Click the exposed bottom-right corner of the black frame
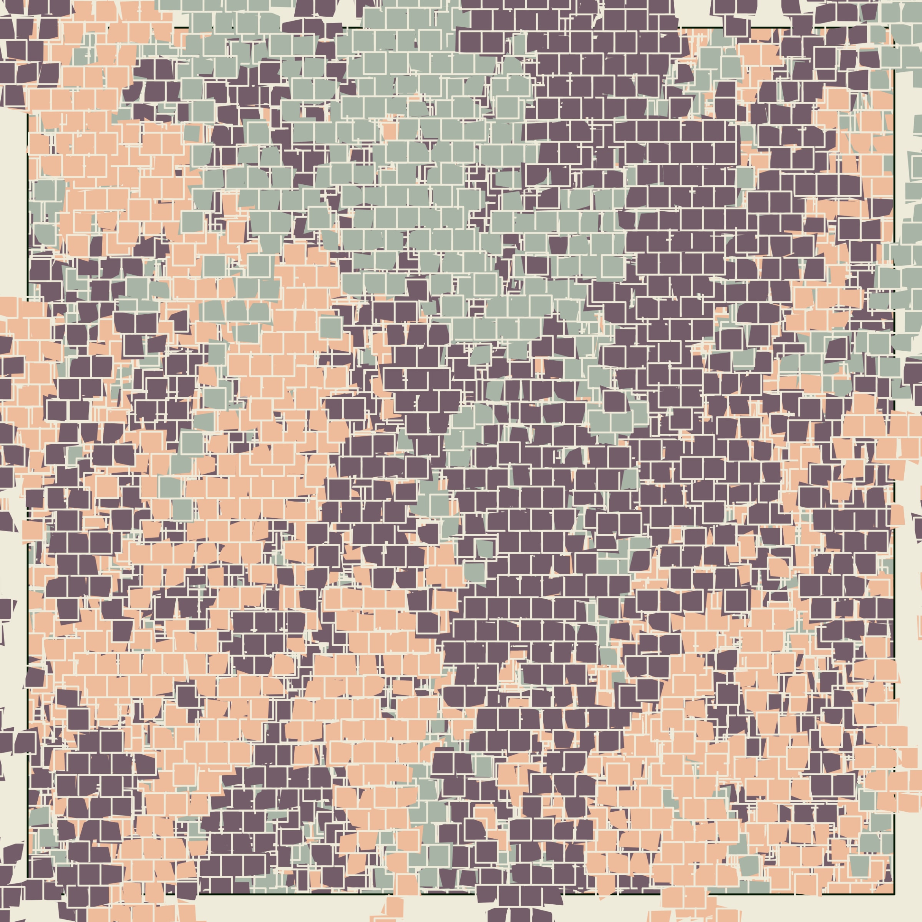pos(893,893)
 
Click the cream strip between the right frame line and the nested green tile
pos(901,162)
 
